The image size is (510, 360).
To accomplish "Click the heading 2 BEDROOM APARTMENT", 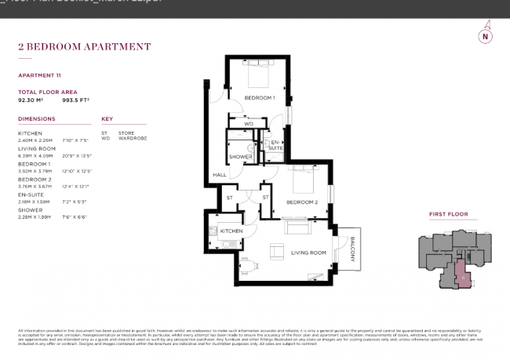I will (84, 47).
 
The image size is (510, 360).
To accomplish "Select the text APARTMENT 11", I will (40, 75).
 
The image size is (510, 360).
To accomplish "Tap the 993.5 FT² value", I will (75, 100).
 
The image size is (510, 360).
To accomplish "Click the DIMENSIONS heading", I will (36, 119).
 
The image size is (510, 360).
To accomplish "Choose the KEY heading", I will (107, 119).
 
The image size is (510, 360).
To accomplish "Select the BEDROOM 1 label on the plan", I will (259, 97).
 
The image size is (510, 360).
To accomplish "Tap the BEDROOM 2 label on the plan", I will (301, 202).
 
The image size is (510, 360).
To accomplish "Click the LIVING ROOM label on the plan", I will (308, 253).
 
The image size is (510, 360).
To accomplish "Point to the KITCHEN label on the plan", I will (231, 231).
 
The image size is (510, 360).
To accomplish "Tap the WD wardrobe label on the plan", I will (249, 124).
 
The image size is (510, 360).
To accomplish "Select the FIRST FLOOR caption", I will (447, 213).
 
